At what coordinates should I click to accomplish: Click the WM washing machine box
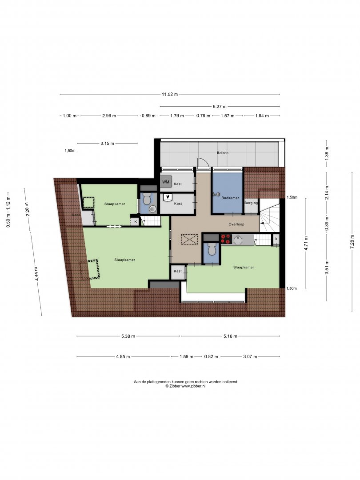(x=166, y=182)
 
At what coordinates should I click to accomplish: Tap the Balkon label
(x=223, y=152)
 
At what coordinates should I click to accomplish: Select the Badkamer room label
(x=230, y=198)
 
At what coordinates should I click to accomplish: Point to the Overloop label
(x=236, y=224)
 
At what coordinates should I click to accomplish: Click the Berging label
(x=251, y=203)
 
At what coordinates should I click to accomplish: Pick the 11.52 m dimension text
(x=170, y=94)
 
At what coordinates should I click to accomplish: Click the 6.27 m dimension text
(x=220, y=107)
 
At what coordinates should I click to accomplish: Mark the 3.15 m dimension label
(x=107, y=143)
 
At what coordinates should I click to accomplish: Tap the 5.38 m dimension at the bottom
(x=128, y=336)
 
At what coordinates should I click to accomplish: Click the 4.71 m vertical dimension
(x=305, y=244)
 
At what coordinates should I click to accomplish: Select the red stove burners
(x=226, y=239)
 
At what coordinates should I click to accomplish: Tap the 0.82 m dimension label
(x=211, y=356)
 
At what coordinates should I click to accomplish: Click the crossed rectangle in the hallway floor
(x=189, y=240)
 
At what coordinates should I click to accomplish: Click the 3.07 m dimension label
(x=250, y=356)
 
